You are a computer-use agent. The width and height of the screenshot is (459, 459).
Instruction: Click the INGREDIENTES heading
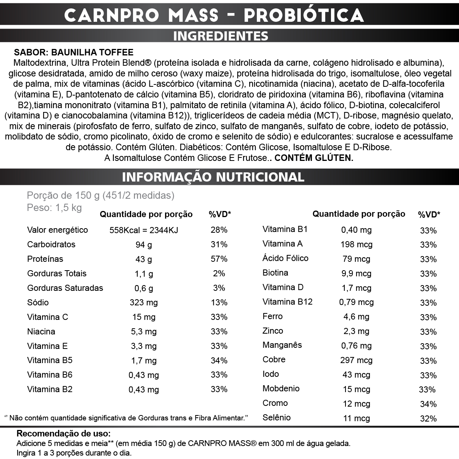tap(221, 36)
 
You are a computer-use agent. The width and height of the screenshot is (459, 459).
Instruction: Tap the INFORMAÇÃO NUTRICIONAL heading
tap(213, 177)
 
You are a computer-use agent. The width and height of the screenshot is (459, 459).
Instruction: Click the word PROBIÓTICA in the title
tap(303, 15)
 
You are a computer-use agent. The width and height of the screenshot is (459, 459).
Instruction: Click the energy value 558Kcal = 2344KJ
tap(144, 230)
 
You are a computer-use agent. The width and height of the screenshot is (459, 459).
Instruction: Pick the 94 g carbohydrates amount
tap(144, 245)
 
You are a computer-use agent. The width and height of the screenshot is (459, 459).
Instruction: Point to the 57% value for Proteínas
tap(219, 259)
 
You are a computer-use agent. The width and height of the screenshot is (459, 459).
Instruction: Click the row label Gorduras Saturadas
tap(65, 288)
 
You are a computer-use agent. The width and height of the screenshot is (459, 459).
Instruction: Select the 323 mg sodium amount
tap(144, 303)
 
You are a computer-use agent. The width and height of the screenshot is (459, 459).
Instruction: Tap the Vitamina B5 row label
tap(50, 360)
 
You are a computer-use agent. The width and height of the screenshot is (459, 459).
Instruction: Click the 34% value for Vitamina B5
tap(219, 361)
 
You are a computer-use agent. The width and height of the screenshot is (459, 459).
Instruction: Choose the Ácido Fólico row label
tap(285, 258)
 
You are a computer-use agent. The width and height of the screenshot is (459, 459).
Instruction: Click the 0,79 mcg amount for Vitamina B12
tap(356, 302)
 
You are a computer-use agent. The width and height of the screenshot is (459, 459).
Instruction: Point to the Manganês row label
tap(282, 345)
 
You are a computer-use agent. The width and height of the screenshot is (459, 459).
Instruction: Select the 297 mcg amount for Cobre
tap(356, 360)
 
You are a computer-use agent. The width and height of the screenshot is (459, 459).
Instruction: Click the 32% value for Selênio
tap(428, 418)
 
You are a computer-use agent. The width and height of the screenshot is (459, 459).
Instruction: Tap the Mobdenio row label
tap(281, 389)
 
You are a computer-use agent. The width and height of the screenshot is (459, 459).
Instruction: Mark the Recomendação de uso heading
tap(63, 434)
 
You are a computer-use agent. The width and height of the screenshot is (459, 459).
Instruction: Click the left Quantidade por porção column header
tap(146, 214)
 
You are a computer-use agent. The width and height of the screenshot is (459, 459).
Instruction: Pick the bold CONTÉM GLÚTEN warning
tap(314, 158)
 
